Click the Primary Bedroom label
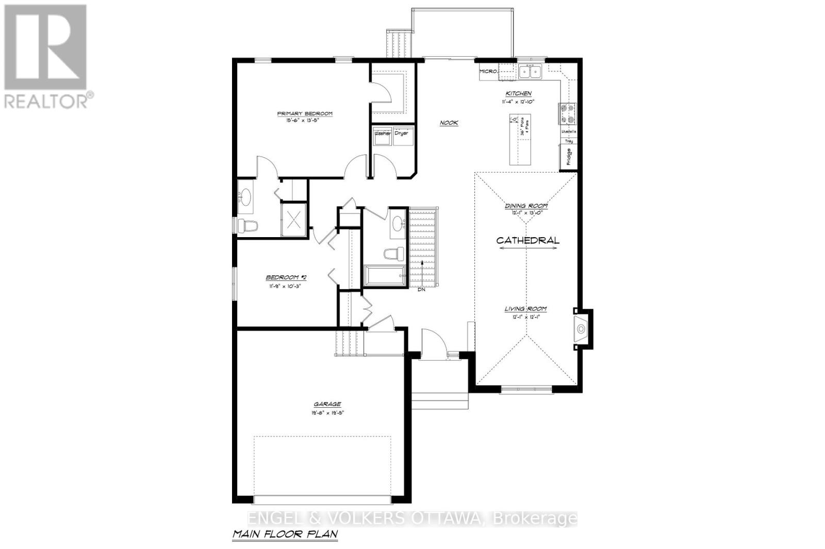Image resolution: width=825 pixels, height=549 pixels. pos(305,114)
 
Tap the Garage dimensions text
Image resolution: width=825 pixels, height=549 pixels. pos(327,412)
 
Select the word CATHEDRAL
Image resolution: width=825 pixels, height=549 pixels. pos(527,240)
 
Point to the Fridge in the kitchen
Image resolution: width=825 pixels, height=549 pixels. pos(568,157)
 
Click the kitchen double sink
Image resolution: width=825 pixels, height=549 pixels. pos(530,72)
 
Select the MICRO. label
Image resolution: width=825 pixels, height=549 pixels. pos(488,72)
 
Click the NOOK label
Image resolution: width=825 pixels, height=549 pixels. pos(449,123)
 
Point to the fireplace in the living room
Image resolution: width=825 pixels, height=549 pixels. pos(582,328)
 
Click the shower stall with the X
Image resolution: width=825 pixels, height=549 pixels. pos(293,220)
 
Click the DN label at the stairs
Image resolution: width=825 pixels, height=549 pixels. pos(421,289)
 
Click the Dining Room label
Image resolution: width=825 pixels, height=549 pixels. pos(526,206)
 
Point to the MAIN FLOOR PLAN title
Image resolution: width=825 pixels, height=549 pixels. pos(285,534)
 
